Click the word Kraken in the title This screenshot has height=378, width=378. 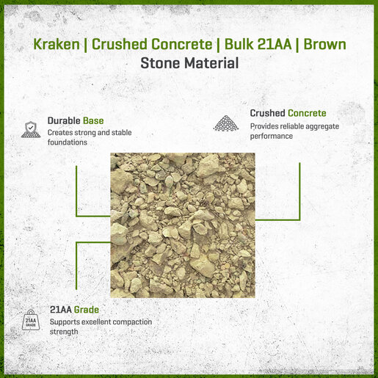pyautogui.click(x=57, y=44)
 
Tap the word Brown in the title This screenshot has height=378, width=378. pyautogui.click(x=324, y=44)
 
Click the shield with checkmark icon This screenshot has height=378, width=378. pyautogui.click(x=31, y=129)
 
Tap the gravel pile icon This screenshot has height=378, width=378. pyautogui.click(x=226, y=123)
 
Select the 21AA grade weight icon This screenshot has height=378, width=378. pyautogui.click(x=31, y=320)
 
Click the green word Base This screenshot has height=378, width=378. pyautogui.click(x=93, y=120)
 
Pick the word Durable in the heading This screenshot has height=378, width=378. pyautogui.click(x=64, y=120)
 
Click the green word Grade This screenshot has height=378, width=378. pyautogui.click(x=87, y=310)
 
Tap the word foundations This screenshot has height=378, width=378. pyautogui.click(x=68, y=142)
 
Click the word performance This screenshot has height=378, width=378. pyautogui.click(x=272, y=137)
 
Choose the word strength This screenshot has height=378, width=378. pyautogui.click(x=64, y=332)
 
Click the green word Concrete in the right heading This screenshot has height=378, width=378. pyautogui.click(x=307, y=113)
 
